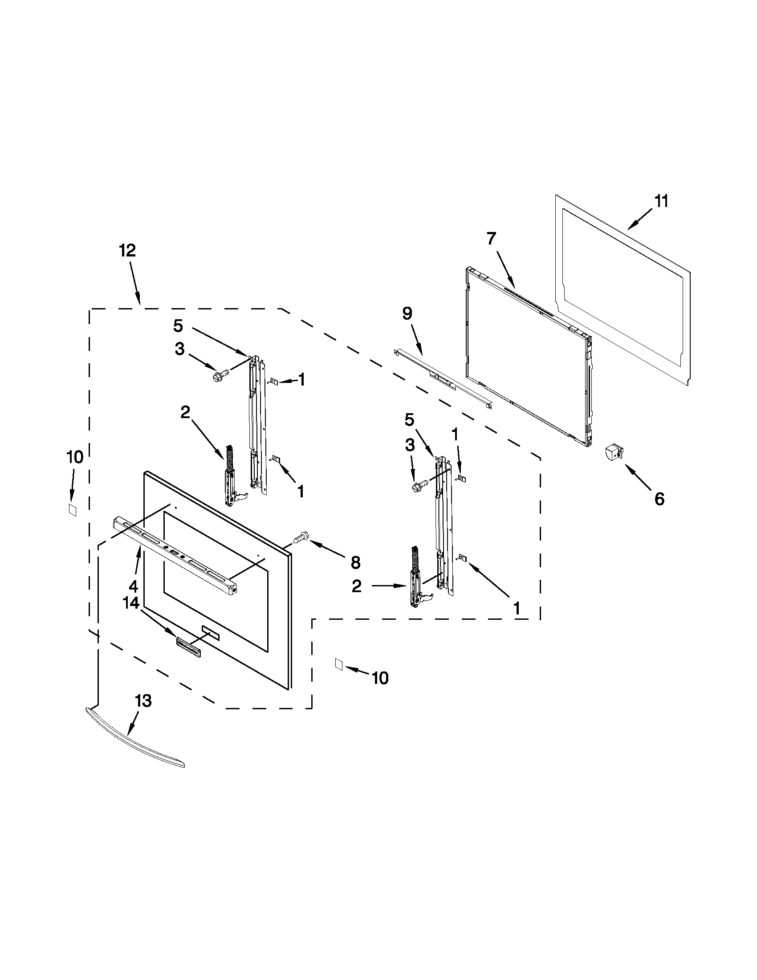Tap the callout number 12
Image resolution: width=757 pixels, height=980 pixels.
(x=127, y=250)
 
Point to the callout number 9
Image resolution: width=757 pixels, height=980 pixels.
(x=407, y=313)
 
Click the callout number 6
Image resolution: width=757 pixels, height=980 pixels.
(x=659, y=499)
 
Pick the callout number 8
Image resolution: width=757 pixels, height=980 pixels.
(x=355, y=562)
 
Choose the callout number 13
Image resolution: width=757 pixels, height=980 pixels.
(x=143, y=700)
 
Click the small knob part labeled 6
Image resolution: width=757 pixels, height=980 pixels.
(x=614, y=451)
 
